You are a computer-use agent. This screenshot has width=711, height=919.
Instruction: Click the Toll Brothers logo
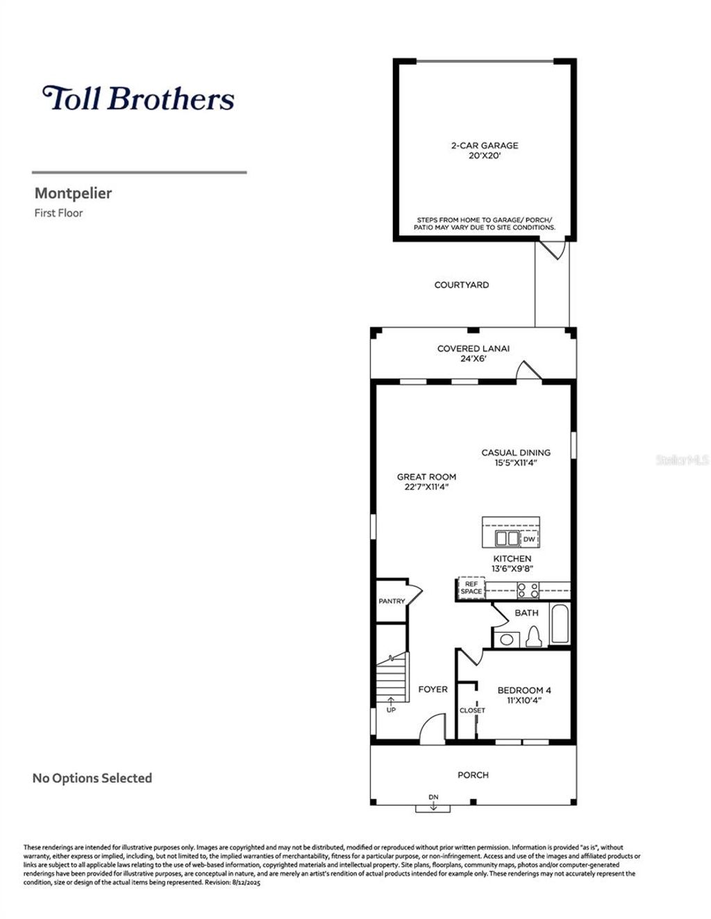138,98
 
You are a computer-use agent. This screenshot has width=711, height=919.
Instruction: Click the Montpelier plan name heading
73,193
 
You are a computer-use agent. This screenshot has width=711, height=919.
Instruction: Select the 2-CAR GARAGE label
485,146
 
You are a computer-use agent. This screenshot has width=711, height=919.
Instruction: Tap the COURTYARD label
461,285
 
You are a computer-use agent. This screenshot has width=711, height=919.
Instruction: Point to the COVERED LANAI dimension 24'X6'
473,359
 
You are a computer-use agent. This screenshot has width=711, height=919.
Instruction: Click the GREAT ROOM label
426,477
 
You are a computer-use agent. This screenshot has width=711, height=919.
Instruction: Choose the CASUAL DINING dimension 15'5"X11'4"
516,463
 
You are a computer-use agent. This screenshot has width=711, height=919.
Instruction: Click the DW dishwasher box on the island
529,539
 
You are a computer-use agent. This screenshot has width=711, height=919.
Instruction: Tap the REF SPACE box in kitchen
471,588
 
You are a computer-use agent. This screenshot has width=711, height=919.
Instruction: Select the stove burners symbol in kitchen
528,590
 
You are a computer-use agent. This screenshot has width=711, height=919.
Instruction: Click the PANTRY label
392,601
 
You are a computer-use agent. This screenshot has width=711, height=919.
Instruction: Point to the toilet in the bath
533,636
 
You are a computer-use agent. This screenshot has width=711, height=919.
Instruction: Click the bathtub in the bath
560,625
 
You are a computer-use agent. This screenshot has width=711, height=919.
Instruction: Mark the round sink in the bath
508,640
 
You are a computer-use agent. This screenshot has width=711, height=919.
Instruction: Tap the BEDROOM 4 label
524,690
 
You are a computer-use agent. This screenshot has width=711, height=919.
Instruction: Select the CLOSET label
472,711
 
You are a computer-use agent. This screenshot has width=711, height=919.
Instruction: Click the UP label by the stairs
391,710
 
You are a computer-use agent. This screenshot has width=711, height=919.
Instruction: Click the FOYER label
433,689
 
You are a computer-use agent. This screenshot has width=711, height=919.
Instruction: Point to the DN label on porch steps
433,797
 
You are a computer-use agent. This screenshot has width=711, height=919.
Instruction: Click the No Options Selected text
92,778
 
